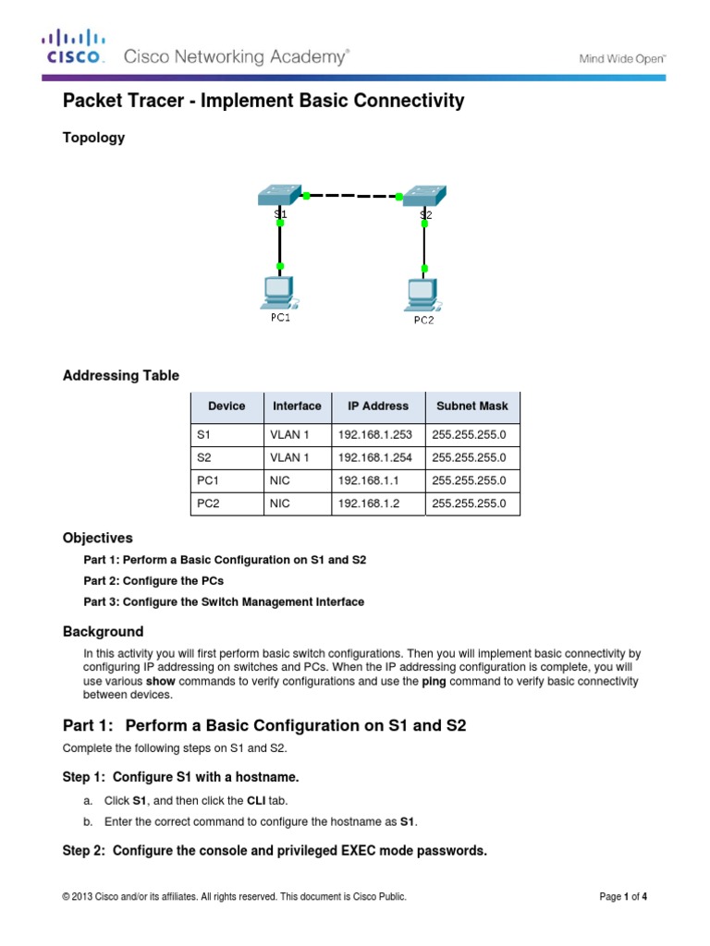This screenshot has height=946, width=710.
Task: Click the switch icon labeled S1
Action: [279, 195]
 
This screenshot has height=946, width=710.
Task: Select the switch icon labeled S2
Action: [424, 196]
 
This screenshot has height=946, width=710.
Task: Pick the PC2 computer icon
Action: [422, 295]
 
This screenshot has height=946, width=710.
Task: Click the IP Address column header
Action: [377, 406]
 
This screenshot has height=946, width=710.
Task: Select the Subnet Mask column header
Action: [471, 406]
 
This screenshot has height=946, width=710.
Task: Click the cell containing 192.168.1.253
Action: [377, 433]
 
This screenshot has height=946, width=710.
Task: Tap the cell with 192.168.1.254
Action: [377, 457]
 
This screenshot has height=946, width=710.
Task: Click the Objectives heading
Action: [97, 538]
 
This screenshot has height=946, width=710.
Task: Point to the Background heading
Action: [103, 632]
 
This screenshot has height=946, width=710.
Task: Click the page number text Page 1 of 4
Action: [630, 896]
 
